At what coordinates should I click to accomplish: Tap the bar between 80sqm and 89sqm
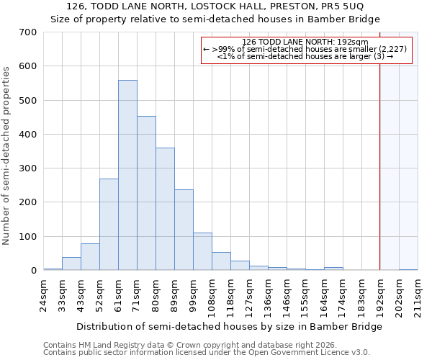165,209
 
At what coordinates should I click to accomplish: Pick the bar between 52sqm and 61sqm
109,224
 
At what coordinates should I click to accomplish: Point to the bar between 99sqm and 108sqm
202,251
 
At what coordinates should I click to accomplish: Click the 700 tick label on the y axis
28,32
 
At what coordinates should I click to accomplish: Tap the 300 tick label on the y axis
28,168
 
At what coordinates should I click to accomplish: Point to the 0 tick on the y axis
33,271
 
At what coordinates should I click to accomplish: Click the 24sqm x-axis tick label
43,294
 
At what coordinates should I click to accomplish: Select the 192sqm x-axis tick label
380,294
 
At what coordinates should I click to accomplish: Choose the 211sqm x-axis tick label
418,294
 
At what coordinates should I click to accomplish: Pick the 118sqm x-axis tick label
230,294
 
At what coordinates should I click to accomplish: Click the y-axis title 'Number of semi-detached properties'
7,155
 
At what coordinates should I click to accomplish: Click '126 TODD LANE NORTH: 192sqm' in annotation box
305,42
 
